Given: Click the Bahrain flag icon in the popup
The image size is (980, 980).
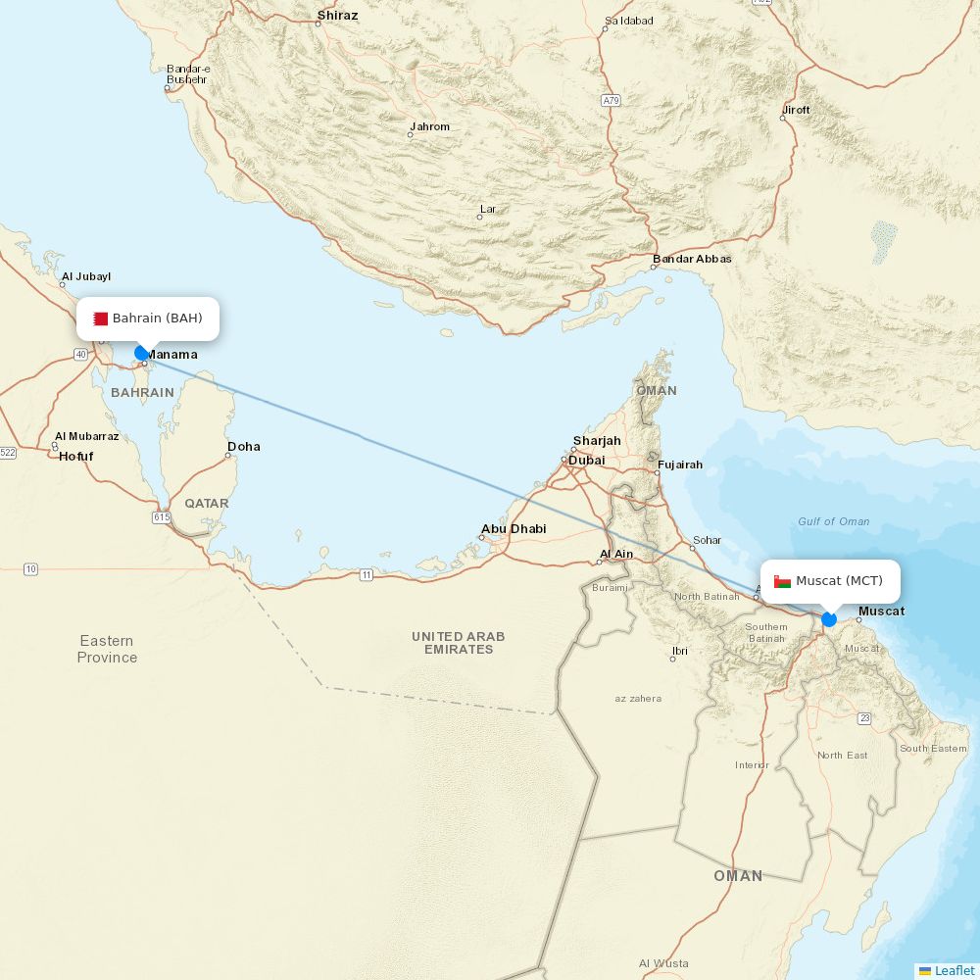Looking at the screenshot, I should (100, 318).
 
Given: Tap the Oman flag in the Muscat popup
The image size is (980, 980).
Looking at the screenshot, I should (782, 581).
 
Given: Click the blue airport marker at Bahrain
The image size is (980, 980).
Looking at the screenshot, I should (141, 353).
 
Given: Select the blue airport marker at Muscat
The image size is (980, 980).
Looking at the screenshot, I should (829, 619).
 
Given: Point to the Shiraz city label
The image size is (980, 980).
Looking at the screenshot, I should (337, 16).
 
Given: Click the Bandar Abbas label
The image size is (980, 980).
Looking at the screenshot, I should (693, 259).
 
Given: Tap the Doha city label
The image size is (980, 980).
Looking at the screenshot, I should (244, 447).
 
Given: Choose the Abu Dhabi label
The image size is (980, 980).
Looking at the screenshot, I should (514, 529).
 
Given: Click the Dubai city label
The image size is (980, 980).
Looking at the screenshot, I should (587, 461).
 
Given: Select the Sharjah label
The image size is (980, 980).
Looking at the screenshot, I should (597, 441).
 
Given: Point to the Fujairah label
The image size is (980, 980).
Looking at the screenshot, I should (680, 465).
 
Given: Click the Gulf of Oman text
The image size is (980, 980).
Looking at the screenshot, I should (833, 521).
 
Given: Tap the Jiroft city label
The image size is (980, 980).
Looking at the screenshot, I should (797, 110).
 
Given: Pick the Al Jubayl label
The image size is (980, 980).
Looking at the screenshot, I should (86, 277).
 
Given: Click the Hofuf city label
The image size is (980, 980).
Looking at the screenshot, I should (76, 457).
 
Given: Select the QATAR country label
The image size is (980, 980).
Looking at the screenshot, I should (207, 504).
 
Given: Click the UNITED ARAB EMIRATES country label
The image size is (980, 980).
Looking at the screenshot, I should (459, 643).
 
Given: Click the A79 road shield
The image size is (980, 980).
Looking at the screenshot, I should (612, 101).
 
